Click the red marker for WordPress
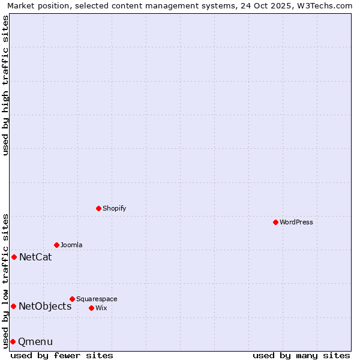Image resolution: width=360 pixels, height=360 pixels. point(275,222)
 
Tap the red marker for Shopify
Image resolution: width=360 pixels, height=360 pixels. point(98,208)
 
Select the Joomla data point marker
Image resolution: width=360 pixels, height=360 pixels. point(56,245)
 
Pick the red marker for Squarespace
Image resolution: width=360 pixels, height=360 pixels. point(72,299)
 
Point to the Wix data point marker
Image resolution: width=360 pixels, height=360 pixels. point(91,308)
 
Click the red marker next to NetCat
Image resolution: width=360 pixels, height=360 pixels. point(14,257)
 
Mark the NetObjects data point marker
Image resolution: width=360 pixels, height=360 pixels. point(13,306)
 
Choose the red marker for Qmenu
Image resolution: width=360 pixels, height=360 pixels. point(13,341)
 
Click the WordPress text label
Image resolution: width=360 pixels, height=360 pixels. point(296,223)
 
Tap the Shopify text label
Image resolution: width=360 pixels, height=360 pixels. point(115,209)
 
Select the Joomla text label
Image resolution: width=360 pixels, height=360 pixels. point(71,245)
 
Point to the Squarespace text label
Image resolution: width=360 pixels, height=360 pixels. point(97,299)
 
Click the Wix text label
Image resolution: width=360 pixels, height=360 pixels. point(101,308)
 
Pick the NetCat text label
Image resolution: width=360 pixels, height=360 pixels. point(35,257)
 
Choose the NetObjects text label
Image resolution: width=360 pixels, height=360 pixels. point(45,307)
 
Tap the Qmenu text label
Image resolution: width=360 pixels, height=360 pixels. point(35,342)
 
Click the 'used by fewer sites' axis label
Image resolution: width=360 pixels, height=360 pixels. point(62,355)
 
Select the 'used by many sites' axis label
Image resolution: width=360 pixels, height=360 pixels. point(301,355)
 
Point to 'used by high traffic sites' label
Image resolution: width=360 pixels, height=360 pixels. point(5,85)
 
